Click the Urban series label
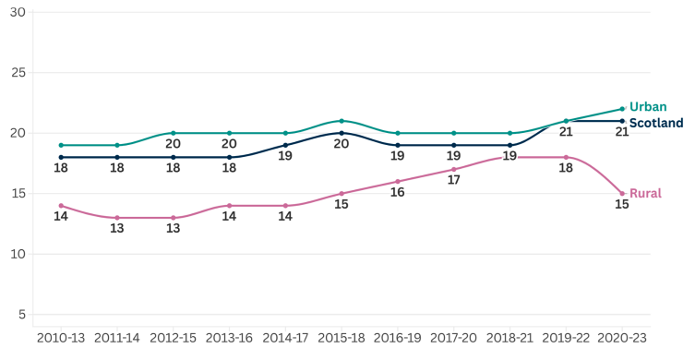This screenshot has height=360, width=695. tap(647, 107)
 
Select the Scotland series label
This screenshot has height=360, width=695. tap(655, 123)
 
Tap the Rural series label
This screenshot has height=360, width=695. tap(645, 193)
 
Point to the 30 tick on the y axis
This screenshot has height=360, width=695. tap(18, 12)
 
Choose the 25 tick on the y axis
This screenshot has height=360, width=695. tap(18, 72)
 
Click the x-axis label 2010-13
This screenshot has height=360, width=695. tap(61, 338)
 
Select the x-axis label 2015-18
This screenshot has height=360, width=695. tap(342, 338)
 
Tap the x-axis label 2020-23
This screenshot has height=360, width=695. tap(622, 338)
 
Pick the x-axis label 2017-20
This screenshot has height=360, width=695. tap(454, 338)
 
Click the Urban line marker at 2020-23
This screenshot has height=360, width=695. tap(622, 109)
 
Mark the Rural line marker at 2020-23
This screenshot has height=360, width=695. tap(622, 193)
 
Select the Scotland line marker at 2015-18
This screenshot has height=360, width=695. tap(342, 133)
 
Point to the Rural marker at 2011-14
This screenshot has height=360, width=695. tap(117, 218)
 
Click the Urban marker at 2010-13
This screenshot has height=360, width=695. tap(61, 145)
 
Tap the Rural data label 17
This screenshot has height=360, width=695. tap(454, 180)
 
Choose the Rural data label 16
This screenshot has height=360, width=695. tap(398, 192)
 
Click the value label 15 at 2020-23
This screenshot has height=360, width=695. tap(622, 204)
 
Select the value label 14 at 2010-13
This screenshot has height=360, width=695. tap(61, 216)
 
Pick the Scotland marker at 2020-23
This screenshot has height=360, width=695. tap(622, 121)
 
